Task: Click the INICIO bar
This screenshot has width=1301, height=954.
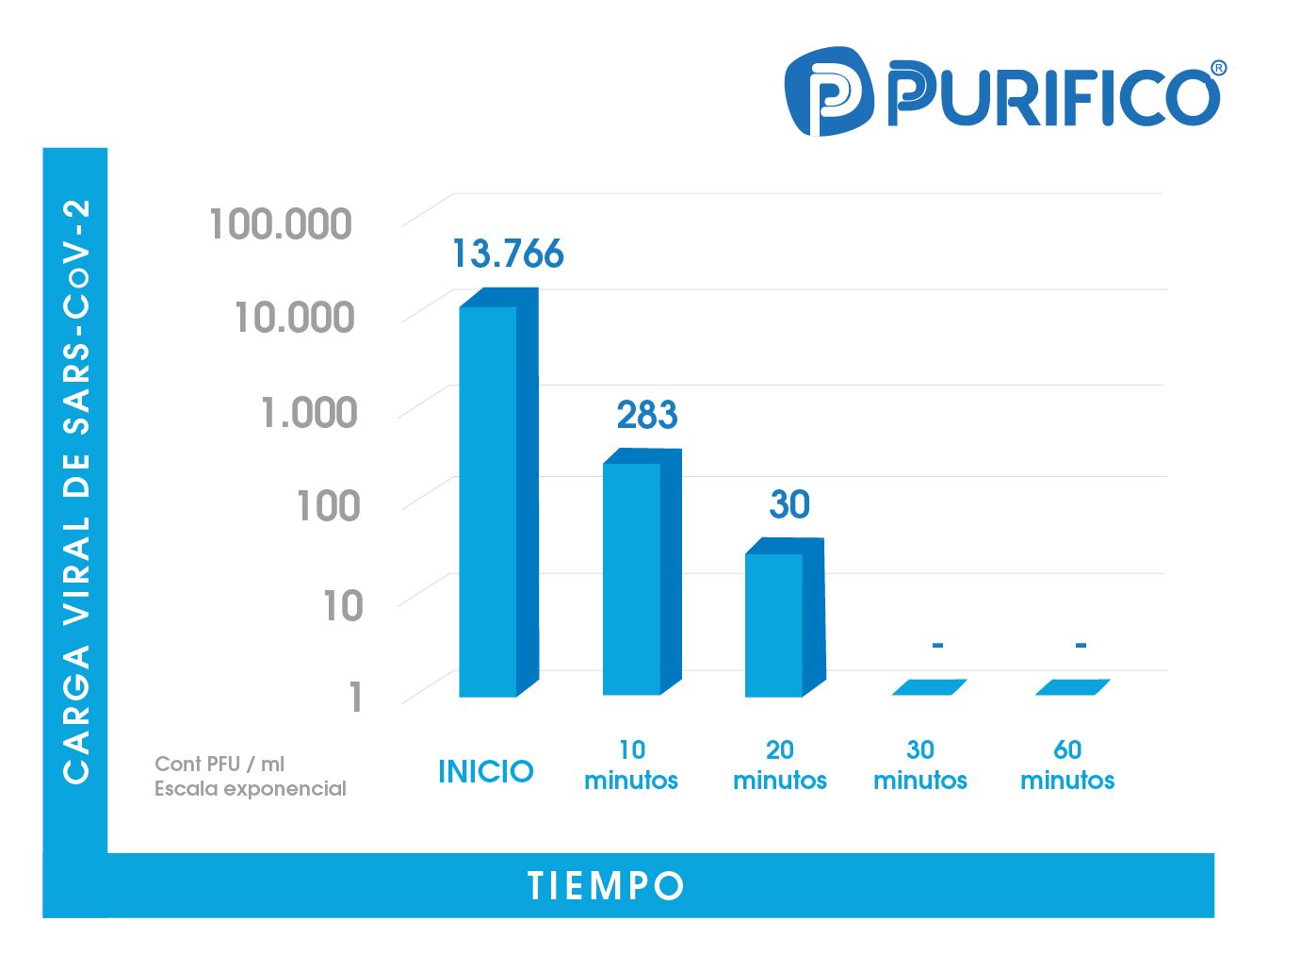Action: point(497,500)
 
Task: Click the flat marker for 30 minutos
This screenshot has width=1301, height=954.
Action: point(929,687)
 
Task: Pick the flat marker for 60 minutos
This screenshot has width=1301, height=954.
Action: point(1072,687)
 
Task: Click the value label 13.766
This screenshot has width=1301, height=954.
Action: point(507,254)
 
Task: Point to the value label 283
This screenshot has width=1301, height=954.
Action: point(647,415)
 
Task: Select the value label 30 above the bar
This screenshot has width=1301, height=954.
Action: point(789,504)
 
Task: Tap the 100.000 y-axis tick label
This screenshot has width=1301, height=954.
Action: point(281,224)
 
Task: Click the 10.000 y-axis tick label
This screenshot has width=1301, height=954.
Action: point(294,318)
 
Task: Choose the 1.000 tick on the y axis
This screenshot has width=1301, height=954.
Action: point(309,413)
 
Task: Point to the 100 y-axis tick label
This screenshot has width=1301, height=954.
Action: point(328,506)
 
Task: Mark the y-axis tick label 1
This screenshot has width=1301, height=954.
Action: point(355,698)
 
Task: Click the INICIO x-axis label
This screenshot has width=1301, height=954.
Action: point(485,771)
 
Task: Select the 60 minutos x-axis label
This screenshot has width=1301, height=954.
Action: point(1067,765)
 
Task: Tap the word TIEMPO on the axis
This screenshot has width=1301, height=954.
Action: point(606,886)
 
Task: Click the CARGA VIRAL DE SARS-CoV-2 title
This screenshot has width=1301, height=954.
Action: point(76,490)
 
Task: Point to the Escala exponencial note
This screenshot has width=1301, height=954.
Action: point(251,788)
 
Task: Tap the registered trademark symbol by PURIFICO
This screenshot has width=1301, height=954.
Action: point(1218,68)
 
